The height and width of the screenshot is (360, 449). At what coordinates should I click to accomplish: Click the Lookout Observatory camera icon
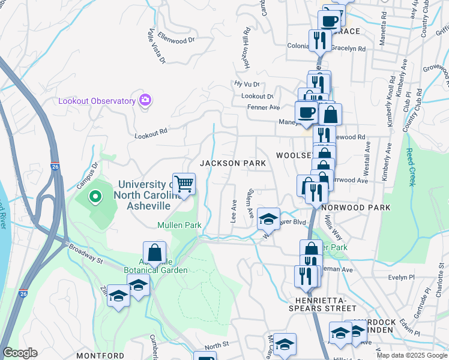[144, 100]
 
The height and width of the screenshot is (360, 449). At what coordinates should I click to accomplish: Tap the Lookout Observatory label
[97, 101]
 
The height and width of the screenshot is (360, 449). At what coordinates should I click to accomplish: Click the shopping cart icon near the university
[184, 184]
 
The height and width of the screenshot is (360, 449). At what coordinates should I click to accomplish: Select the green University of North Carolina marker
[95, 196]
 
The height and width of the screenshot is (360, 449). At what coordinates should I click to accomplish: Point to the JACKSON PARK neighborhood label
[232, 163]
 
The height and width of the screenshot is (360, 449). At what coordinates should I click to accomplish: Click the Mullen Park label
[179, 225]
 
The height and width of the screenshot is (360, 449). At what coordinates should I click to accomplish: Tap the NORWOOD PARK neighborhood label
[355, 208]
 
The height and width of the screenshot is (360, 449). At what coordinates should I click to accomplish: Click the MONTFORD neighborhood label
[100, 356]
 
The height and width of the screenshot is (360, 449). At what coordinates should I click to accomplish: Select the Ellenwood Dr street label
[176, 40]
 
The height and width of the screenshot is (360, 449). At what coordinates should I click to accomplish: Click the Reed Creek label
[411, 167]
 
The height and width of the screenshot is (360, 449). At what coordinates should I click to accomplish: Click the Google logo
[20, 353]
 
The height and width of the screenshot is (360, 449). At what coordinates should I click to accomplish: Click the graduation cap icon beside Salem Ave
[268, 218]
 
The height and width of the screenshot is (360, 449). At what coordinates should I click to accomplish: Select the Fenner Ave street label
[264, 107]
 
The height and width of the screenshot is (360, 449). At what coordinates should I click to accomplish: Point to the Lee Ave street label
[234, 212]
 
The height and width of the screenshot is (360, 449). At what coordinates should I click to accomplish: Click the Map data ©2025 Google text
[412, 355]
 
